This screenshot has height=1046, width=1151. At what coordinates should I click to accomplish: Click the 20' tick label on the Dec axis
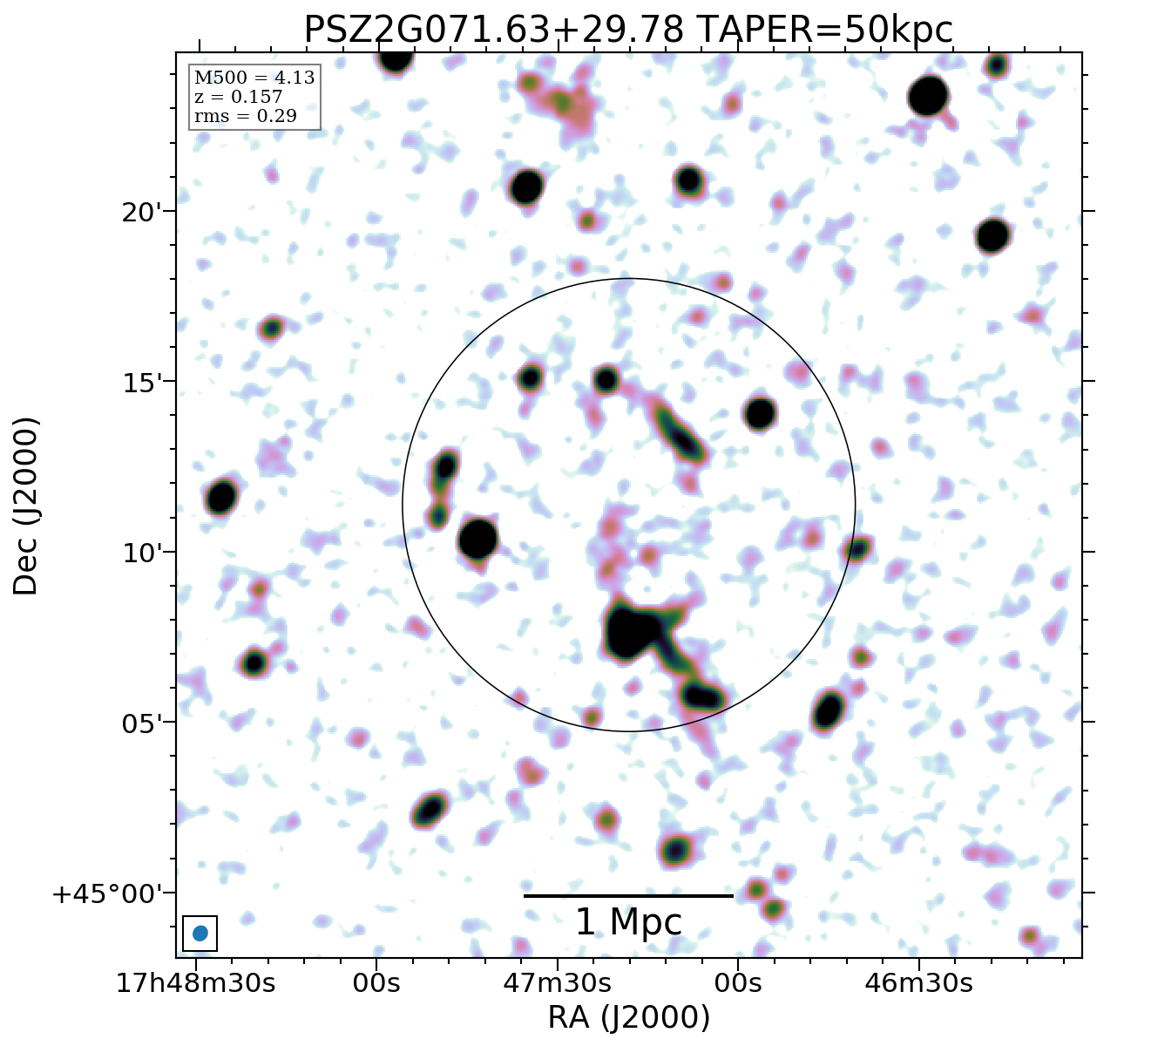(x=139, y=212)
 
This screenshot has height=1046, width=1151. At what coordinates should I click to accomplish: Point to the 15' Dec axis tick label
(x=139, y=383)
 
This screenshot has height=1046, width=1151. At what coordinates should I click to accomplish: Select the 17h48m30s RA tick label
(x=196, y=983)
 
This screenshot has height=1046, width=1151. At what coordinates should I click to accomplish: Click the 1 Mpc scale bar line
(x=628, y=895)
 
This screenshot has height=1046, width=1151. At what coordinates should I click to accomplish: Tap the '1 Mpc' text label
(x=628, y=922)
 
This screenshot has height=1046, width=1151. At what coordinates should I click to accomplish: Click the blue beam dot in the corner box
(x=200, y=933)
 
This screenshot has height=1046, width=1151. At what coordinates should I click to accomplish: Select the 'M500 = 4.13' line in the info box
(x=254, y=78)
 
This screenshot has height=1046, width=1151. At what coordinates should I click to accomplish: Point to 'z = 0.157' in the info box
(x=239, y=97)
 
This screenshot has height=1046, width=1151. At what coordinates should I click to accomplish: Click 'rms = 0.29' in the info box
(x=246, y=115)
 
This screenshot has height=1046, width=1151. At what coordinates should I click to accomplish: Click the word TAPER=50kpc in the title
(x=825, y=31)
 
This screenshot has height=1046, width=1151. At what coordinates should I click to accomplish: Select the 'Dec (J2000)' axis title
(x=26, y=506)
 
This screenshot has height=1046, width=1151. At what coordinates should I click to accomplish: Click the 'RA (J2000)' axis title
(x=628, y=1017)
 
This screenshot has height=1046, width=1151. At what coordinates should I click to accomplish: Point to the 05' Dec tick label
(x=139, y=723)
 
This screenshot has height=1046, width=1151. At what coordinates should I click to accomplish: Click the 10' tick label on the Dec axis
(x=139, y=553)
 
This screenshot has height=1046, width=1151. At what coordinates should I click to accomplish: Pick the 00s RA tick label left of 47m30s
(x=376, y=983)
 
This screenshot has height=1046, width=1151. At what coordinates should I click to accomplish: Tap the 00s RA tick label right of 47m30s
(x=737, y=983)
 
